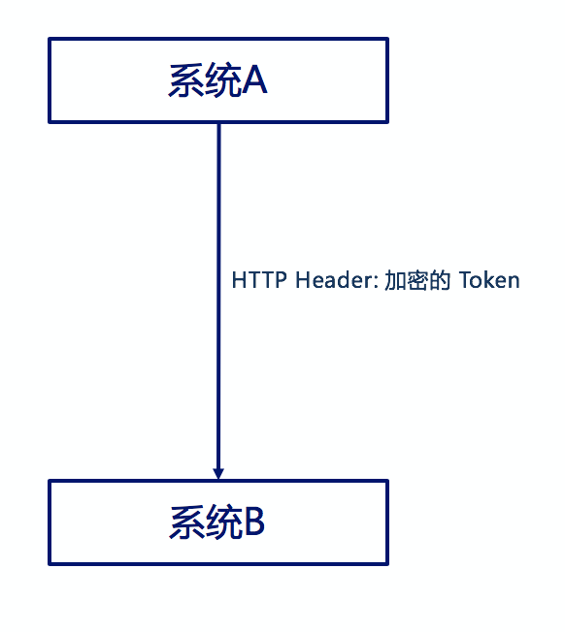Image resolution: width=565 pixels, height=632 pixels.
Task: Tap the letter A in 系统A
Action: coord(254,80)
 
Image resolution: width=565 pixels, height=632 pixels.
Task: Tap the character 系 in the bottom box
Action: coord(187,521)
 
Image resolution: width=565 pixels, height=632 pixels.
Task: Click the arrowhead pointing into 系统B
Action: coord(218,473)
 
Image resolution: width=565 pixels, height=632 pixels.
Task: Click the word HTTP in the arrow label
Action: coord(259,280)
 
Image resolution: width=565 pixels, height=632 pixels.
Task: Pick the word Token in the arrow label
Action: coord(489,280)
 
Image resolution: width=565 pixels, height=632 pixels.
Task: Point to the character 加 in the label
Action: coord(395,280)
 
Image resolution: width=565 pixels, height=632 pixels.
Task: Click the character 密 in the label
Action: coord(416,280)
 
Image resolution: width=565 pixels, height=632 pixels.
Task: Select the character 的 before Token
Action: coord(439,280)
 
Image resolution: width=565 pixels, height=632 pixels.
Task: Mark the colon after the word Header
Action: coord(376,282)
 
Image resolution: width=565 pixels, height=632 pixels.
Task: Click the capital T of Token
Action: coord(466,280)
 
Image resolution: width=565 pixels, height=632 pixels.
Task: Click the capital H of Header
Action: coord(303,280)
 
